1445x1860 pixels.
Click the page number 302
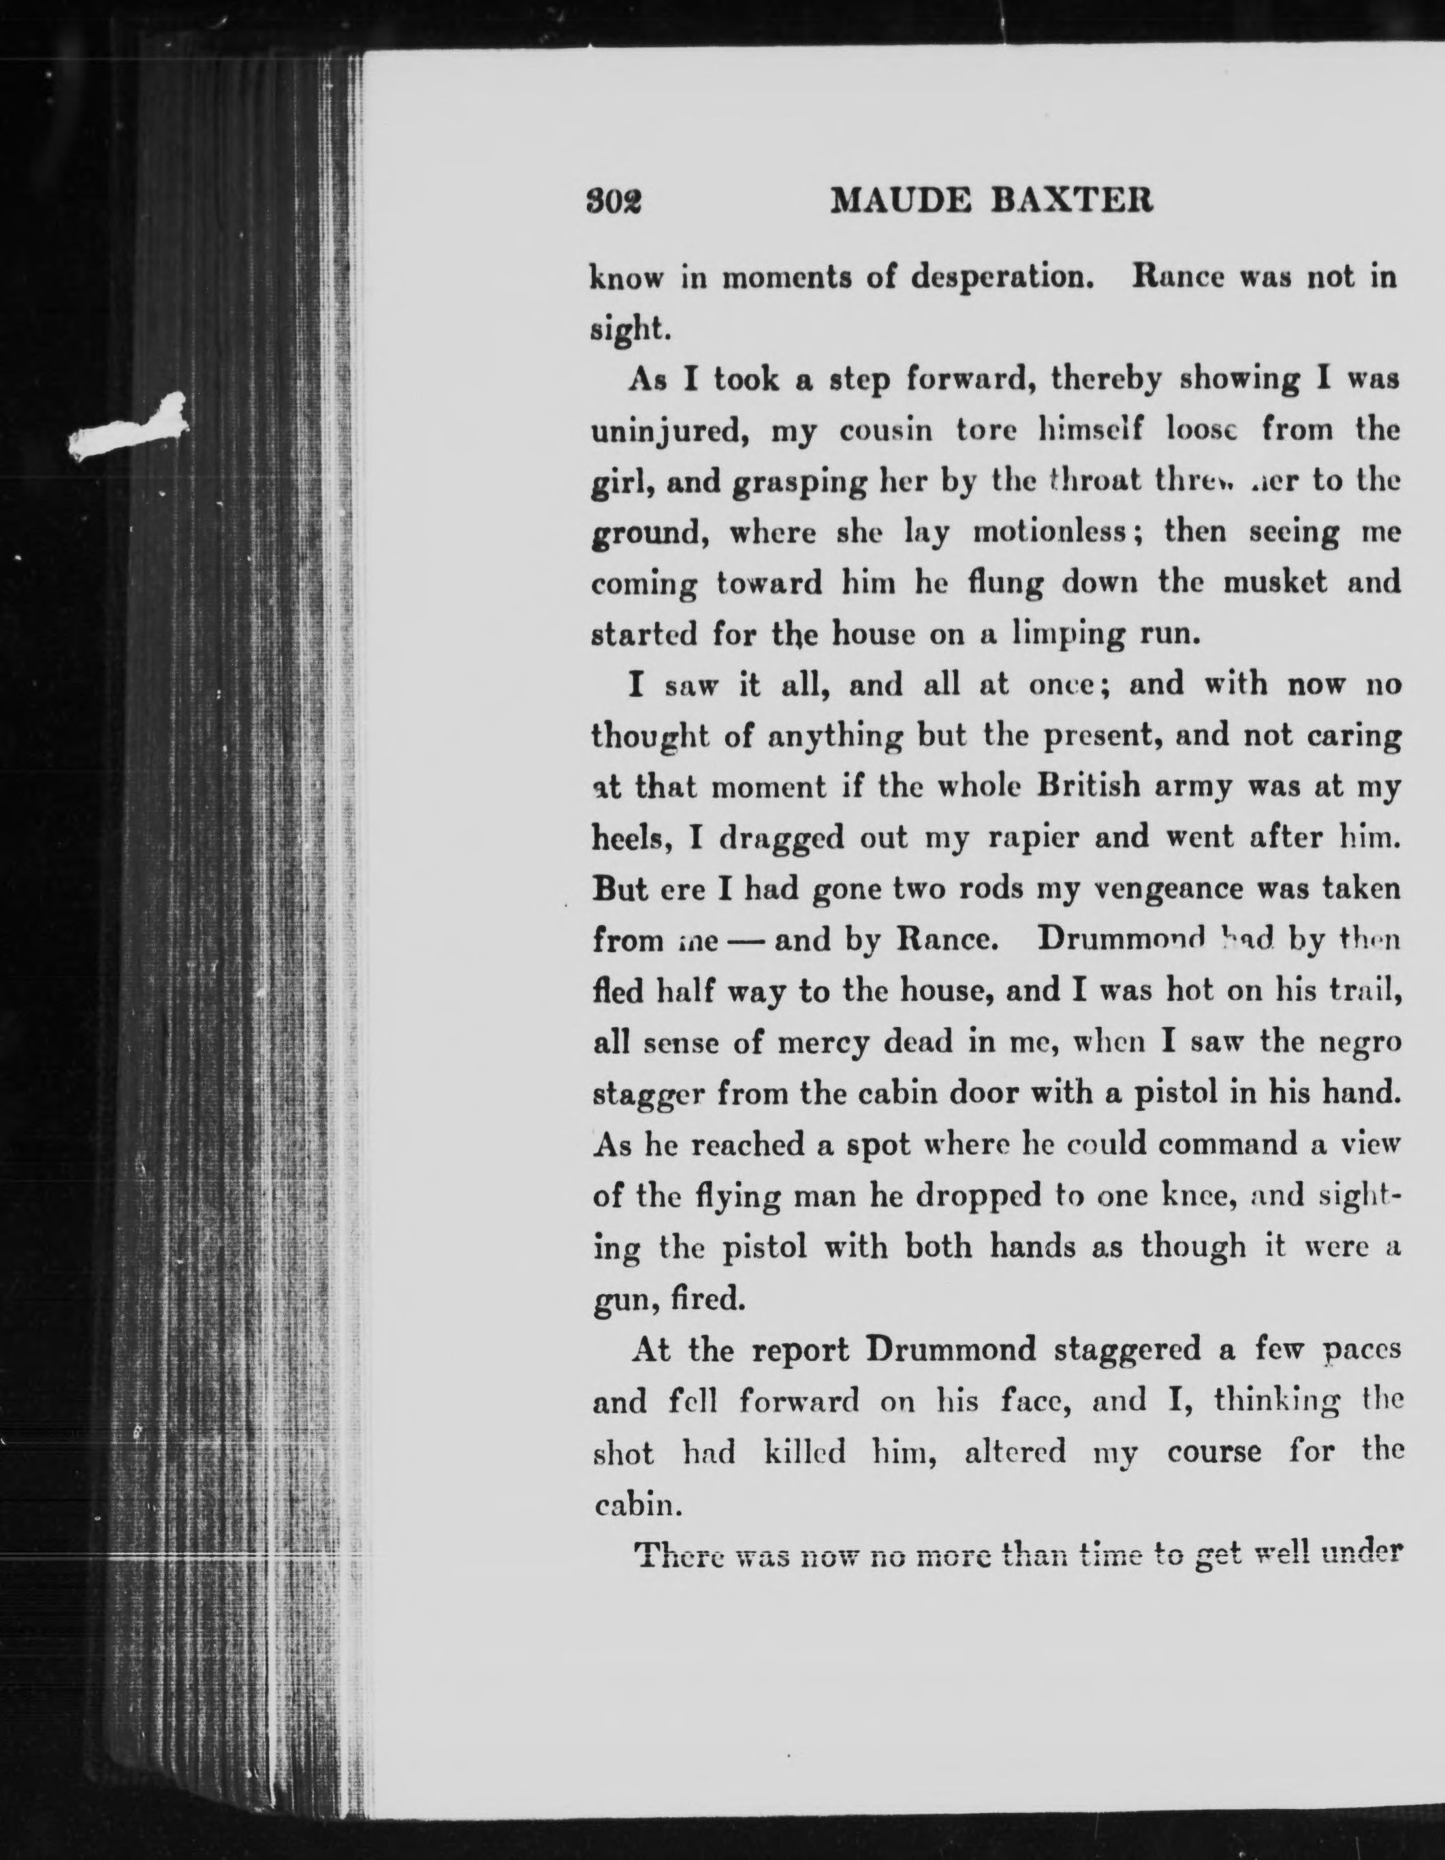pyautogui.click(x=615, y=202)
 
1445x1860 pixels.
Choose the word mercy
pyautogui.click(x=823, y=1043)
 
